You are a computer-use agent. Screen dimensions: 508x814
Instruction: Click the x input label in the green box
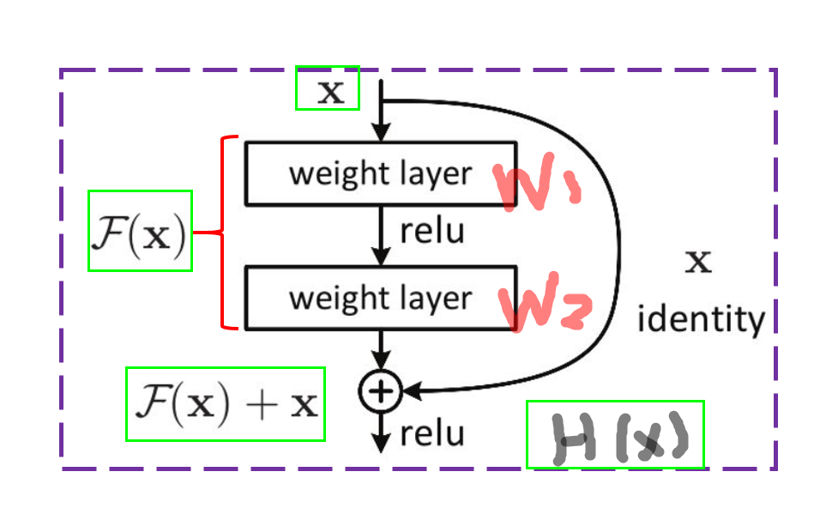click(x=327, y=88)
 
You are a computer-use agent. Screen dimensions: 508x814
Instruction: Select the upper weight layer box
click(x=381, y=173)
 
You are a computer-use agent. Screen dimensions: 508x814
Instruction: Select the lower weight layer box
click(x=381, y=298)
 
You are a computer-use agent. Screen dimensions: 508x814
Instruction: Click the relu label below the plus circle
click(x=431, y=432)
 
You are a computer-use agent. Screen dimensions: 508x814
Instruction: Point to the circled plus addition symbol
click(x=380, y=391)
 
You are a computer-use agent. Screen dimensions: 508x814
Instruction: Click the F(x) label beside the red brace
click(x=140, y=232)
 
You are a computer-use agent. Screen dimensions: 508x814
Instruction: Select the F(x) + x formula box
click(x=226, y=404)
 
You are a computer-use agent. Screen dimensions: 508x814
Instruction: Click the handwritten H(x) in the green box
click(x=615, y=435)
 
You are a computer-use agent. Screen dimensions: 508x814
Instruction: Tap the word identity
click(x=701, y=320)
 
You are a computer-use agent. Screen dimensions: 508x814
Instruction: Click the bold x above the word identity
click(x=699, y=261)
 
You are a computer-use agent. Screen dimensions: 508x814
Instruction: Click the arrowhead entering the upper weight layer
click(x=381, y=133)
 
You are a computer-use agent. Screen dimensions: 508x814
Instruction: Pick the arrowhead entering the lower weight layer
click(x=381, y=257)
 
